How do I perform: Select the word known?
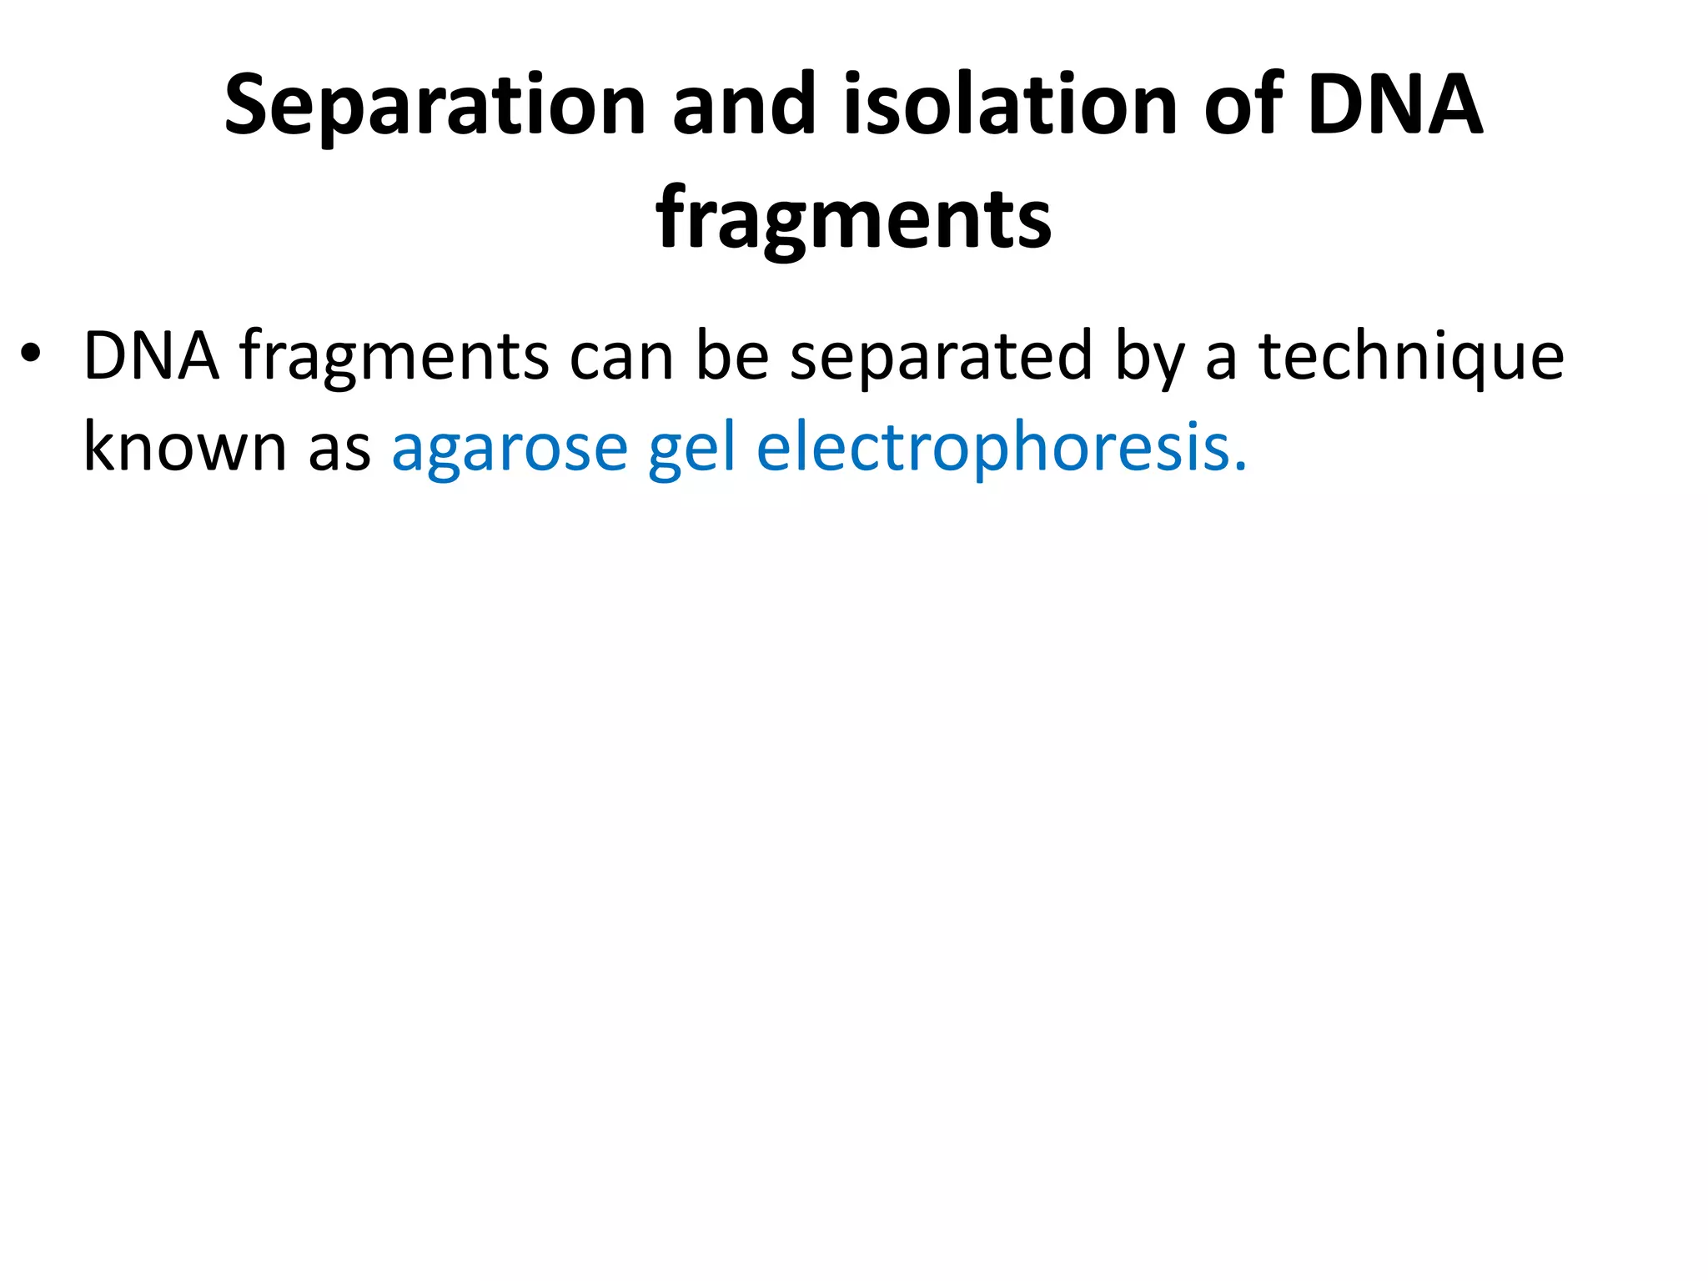[185, 447]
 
